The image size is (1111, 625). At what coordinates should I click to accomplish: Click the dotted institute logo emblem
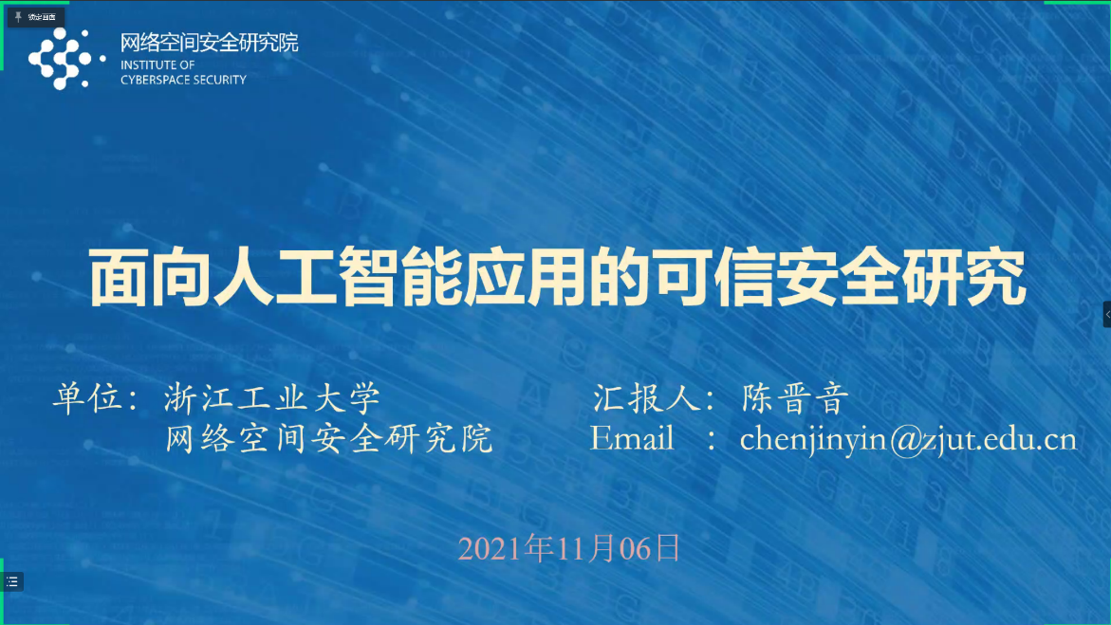click(65, 59)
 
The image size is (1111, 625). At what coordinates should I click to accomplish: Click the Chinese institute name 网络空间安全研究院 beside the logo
click(209, 43)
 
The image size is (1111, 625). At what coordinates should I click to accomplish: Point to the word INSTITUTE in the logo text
click(147, 65)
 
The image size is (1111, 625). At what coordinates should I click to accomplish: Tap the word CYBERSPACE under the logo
click(150, 80)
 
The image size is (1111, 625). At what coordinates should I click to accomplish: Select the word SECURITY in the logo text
click(215, 80)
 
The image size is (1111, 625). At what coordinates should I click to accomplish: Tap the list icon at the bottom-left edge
click(12, 581)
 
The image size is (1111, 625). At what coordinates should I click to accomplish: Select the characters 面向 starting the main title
click(151, 278)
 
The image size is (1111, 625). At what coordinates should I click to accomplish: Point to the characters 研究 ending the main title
click(964, 278)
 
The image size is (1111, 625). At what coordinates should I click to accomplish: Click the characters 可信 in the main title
click(715, 278)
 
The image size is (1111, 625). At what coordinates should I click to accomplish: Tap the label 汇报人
click(647, 398)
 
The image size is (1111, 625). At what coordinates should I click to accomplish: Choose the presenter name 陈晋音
click(794, 398)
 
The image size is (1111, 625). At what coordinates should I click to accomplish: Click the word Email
click(632, 438)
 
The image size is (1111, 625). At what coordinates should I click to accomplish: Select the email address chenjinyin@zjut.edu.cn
click(908, 440)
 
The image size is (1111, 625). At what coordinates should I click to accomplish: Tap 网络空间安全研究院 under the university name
click(329, 439)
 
